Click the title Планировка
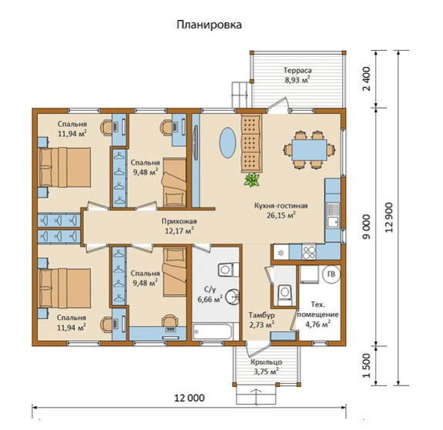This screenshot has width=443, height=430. [x=209, y=25]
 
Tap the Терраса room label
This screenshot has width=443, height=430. [x=297, y=70]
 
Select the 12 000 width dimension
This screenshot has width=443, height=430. [x=190, y=398]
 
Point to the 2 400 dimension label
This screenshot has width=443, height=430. [x=367, y=79]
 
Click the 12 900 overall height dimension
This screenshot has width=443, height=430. [x=390, y=217]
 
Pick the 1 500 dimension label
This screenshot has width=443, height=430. [x=367, y=365]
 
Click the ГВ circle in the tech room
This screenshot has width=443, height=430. [x=331, y=274]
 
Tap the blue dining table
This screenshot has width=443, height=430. [x=309, y=149]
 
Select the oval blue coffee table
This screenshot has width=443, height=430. [x=227, y=143]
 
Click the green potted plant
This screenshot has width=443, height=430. [x=251, y=180]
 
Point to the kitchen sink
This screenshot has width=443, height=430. [x=333, y=215]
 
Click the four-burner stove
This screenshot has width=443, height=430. [x=309, y=252]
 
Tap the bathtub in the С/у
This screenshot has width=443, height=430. [x=213, y=332]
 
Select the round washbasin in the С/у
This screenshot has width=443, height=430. [x=233, y=297]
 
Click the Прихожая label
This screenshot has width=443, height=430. [x=179, y=221]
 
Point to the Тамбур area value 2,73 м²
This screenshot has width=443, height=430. [x=261, y=324]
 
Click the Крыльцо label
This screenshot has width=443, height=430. [x=266, y=362]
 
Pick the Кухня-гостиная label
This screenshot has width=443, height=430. [x=280, y=206]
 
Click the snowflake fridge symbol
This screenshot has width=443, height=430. [x=281, y=252]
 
